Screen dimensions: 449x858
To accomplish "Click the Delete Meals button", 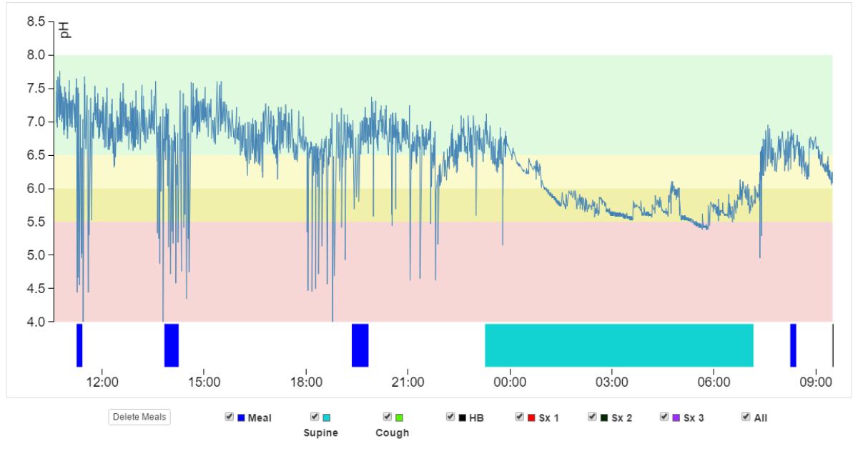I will tap(139, 417).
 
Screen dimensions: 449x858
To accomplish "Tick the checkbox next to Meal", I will tap(229, 417).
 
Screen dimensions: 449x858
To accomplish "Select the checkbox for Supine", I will tap(315, 417).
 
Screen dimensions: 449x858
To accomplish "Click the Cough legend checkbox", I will tap(387, 417).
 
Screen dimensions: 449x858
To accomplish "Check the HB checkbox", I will tap(450, 417).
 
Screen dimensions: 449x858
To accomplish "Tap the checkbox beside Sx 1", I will tap(520, 417).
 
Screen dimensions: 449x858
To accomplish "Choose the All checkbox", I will tap(746, 417).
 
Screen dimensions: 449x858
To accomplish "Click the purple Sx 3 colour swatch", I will tap(676, 418).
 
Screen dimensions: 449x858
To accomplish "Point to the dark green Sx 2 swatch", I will tap(603, 418).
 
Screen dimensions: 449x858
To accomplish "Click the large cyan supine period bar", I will tap(619, 345).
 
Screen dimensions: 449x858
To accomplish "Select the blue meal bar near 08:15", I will tap(793, 345).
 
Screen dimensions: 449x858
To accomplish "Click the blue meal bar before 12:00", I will tap(79, 345).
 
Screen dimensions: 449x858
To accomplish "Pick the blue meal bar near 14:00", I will tap(172, 345).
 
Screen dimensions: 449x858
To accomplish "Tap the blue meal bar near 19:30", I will tap(360, 345).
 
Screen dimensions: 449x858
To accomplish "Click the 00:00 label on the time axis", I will tap(510, 382).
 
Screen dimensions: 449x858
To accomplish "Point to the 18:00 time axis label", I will tap(306, 382).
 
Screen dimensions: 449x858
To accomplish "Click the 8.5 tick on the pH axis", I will tap(36, 21).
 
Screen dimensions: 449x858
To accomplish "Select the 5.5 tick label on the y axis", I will tap(36, 222).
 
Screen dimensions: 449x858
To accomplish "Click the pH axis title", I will tap(64, 29).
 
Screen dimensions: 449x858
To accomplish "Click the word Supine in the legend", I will tap(321, 433).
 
